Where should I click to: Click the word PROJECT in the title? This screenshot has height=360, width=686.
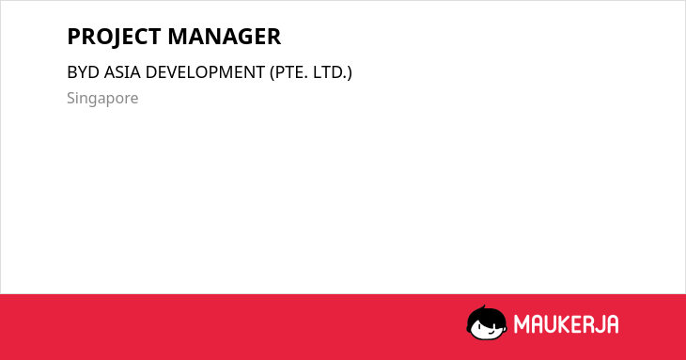point(115,37)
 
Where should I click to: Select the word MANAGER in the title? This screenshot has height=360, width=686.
point(225,37)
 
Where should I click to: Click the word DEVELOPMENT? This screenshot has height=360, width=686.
point(205,72)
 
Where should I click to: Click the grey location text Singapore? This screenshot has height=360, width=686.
point(102,99)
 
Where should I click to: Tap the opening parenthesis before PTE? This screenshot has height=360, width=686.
point(273,72)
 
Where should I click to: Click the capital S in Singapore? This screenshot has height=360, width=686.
point(70,98)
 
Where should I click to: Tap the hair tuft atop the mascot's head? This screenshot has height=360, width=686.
point(483,308)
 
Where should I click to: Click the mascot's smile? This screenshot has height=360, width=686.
point(492,333)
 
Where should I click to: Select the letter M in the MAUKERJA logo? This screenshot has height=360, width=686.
point(521,324)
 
